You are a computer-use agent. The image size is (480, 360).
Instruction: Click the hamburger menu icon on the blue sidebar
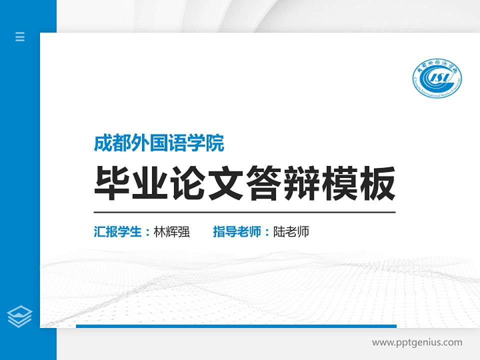pos(20,36)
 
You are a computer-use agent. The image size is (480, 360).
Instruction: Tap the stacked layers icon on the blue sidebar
pos(20,316)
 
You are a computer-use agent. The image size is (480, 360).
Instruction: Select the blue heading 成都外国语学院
pos(159,143)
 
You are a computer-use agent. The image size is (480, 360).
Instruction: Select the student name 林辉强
pos(171,232)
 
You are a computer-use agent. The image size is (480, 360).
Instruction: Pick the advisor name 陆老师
pos(291,232)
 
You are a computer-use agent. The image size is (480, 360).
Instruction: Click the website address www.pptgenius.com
pos(417,342)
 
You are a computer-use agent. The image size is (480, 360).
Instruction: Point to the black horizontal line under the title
pos(244,212)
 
